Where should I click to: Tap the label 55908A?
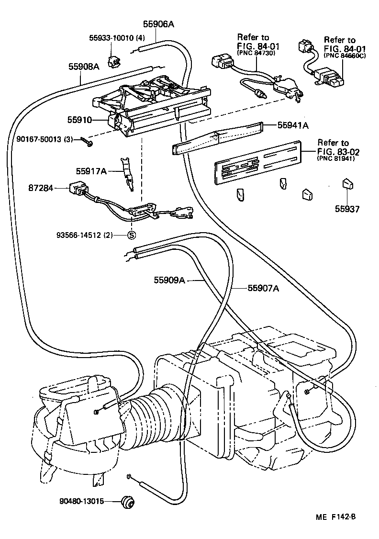(x=83, y=67)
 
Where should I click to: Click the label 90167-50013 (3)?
(x=44, y=140)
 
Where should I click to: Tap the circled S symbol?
(x=132, y=235)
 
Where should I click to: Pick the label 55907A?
(x=263, y=288)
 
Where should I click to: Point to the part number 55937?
(x=347, y=209)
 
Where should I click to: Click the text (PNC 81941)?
(x=335, y=159)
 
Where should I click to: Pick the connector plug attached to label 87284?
(x=77, y=190)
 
